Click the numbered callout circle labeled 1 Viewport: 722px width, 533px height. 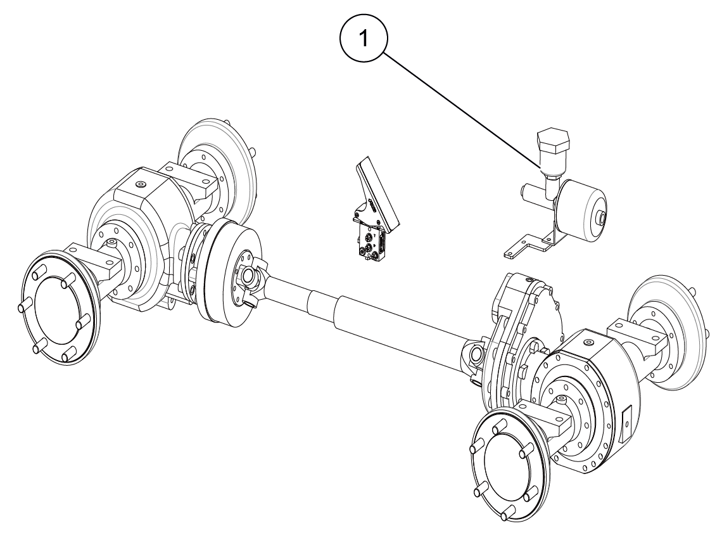pos(364,39)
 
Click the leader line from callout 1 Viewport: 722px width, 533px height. pos(462,110)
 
